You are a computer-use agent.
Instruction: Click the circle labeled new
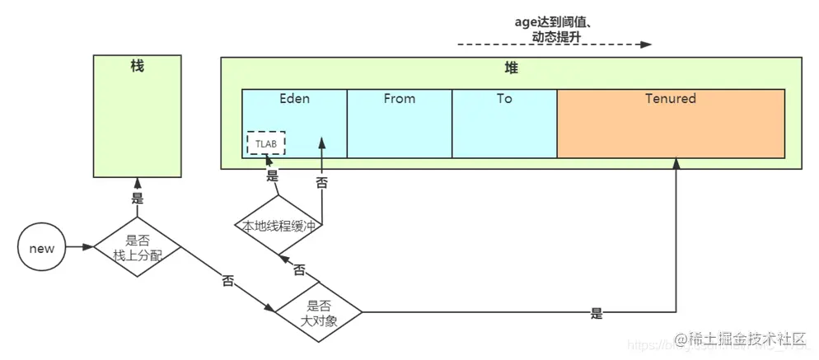(x=41, y=247)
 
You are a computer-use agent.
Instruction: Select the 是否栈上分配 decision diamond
(x=137, y=247)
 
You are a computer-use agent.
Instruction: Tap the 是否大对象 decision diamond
(x=318, y=312)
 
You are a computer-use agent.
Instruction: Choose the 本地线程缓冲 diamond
(x=279, y=225)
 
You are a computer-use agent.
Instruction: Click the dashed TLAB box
(x=265, y=143)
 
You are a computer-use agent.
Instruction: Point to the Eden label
(x=294, y=99)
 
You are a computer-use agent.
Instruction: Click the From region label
(x=400, y=99)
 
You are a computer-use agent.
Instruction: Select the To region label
(x=504, y=99)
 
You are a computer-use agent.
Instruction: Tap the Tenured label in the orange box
(x=670, y=99)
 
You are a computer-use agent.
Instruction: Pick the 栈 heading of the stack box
(x=137, y=66)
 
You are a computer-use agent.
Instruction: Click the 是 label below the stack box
(x=138, y=199)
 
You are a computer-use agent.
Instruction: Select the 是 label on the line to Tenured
(x=597, y=314)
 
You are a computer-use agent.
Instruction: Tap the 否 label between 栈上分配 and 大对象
(x=228, y=281)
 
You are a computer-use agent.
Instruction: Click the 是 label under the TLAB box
(x=273, y=175)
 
